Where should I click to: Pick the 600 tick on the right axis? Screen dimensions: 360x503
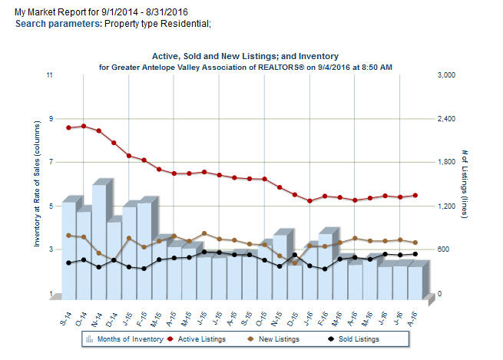(x=445, y=250)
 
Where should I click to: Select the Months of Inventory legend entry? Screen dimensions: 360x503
(x=129, y=339)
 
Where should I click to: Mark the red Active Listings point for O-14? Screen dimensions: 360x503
(x=84, y=126)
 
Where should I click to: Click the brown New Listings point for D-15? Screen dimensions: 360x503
(x=295, y=263)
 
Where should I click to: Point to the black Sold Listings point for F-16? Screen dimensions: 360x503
(x=325, y=269)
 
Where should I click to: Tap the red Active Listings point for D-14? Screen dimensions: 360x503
(x=114, y=143)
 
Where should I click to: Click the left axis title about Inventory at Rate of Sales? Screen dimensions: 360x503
(x=36, y=184)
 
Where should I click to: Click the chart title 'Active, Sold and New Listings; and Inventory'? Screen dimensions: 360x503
(x=246, y=56)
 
